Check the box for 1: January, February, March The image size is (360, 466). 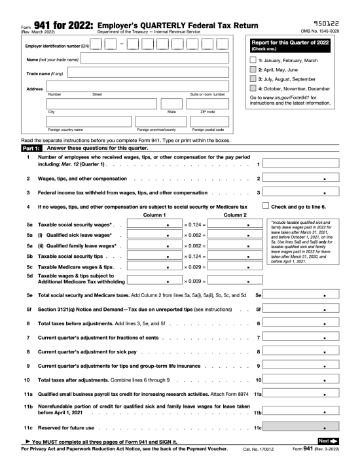tap(254, 60)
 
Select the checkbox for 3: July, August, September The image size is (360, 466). tap(254, 79)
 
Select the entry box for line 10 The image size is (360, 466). tap(305, 380)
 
